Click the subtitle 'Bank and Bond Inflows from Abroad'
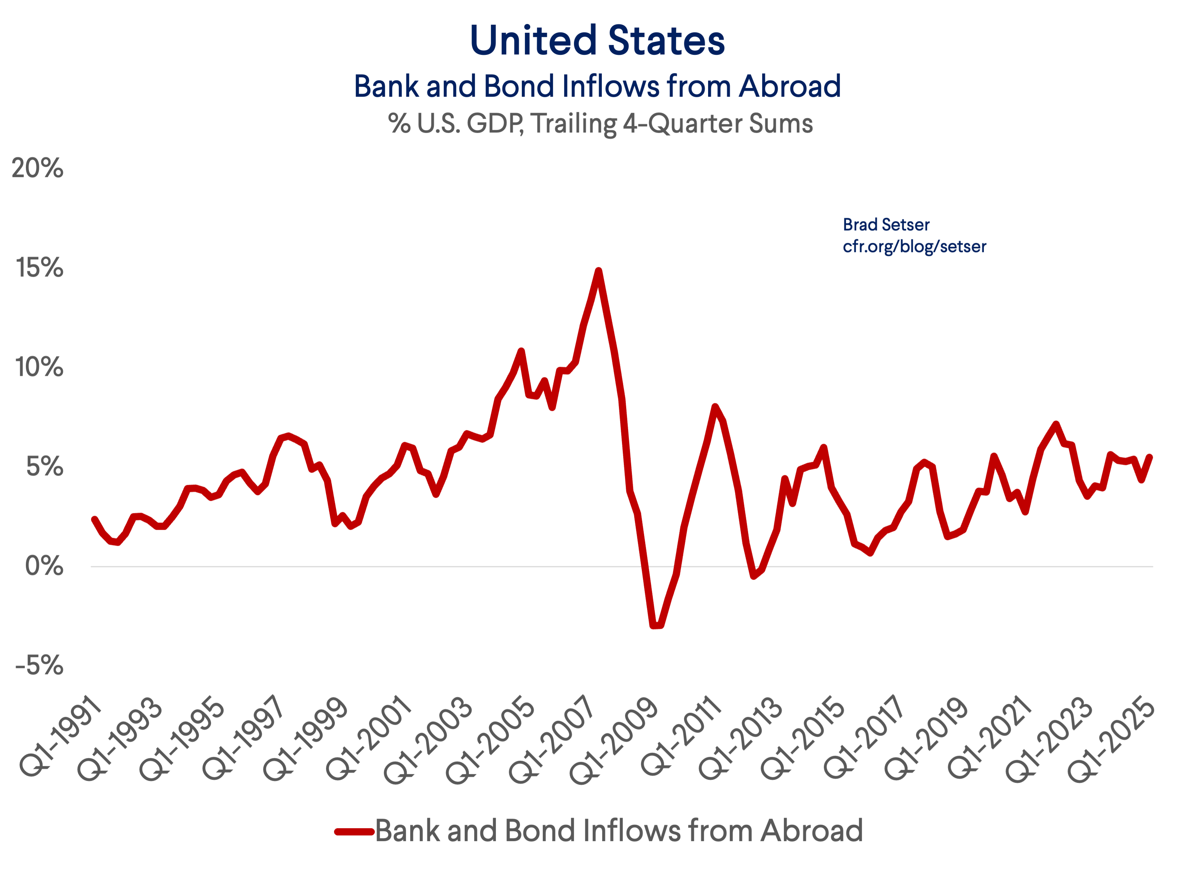(x=597, y=86)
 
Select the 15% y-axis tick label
(x=39, y=268)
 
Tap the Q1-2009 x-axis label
(x=613, y=740)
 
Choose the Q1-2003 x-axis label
(x=428, y=740)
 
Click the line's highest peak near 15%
(x=598, y=271)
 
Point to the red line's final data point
(x=1150, y=457)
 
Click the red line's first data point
(x=94, y=519)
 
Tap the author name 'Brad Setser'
(x=886, y=225)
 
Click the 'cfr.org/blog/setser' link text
(x=914, y=246)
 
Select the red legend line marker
(x=354, y=831)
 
